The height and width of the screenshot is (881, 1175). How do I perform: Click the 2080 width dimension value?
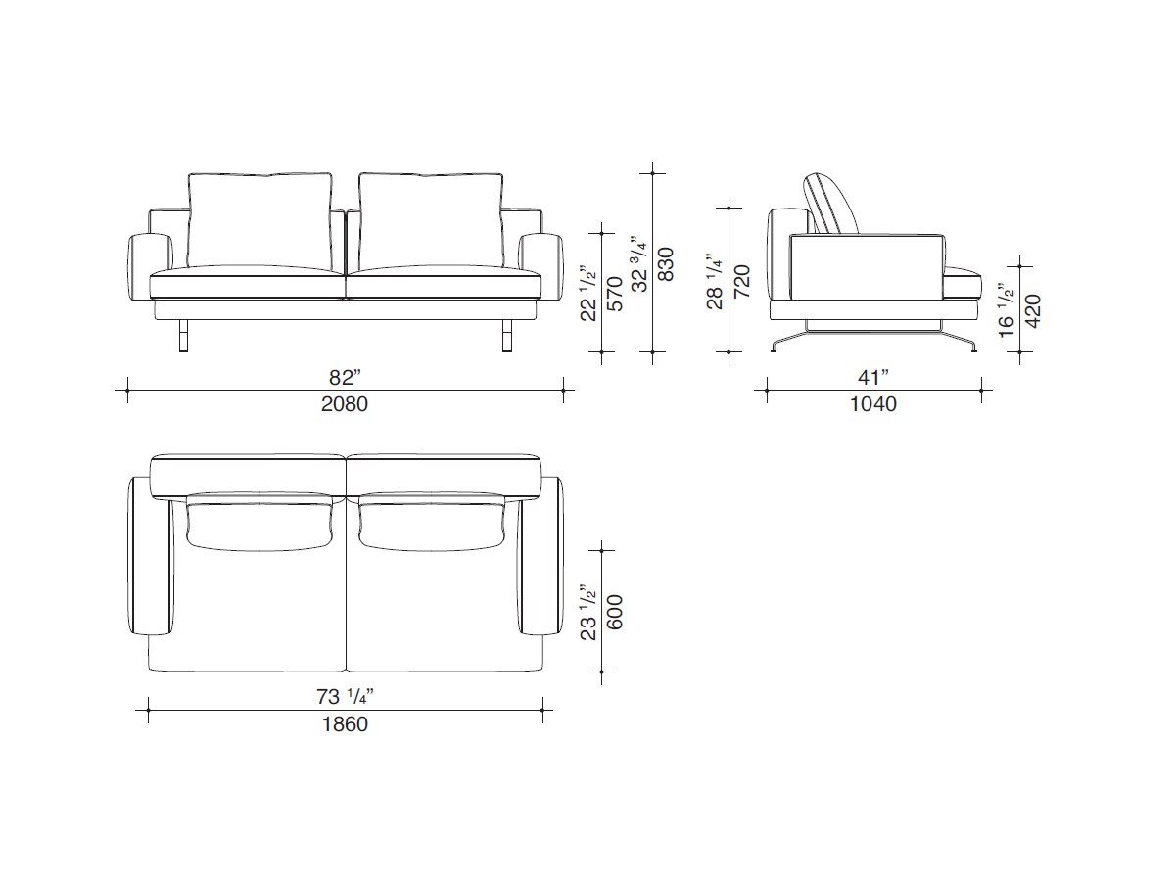click(345, 403)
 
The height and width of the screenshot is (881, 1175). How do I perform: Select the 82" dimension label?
click(345, 377)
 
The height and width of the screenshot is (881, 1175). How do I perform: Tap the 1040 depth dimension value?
click(872, 403)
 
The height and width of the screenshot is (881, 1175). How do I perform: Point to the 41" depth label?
click(872, 377)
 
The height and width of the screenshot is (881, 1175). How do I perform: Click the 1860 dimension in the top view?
click(345, 724)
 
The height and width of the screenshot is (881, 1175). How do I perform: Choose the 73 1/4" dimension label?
click(345, 697)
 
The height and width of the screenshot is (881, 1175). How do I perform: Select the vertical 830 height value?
click(666, 264)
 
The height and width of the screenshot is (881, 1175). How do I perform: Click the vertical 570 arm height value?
click(615, 292)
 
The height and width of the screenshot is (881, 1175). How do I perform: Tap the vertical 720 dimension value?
click(742, 281)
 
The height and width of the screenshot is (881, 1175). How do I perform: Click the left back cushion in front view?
click(259, 220)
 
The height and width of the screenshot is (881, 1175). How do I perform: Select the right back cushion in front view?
click(431, 220)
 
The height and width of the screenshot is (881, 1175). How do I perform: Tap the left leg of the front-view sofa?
click(184, 335)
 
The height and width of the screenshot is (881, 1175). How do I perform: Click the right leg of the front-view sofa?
click(506, 335)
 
